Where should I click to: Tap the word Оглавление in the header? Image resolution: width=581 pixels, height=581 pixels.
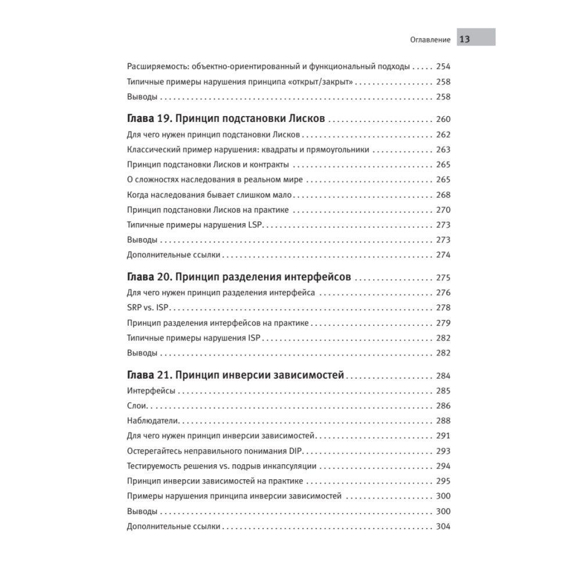pyautogui.click(x=431, y=40)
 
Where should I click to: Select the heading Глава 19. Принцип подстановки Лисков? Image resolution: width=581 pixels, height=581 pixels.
pyautogui.click(x=225, y=119)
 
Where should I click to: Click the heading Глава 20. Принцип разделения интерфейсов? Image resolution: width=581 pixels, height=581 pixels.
pyautogui.click(x=238, y=277)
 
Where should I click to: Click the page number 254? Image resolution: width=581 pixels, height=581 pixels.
pyautogui.click(x=443, y=67)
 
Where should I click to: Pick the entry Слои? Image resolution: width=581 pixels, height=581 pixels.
pyautogui.click(x=137, y=405)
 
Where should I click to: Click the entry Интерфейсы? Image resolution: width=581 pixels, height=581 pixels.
pyautogui.click(x=151, y=390)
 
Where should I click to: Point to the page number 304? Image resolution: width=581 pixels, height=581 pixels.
pyautogui.click(x=443, y=527)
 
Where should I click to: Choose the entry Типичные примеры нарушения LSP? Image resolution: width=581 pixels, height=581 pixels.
pyautogui.click(x=195, y=224)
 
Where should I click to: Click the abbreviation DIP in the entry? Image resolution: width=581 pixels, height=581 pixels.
pyautogui.click(x=296, y=451)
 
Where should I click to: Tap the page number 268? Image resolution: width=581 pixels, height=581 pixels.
pyautogui.click(x=443, y=195)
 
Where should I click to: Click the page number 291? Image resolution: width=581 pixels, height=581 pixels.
pyautogui.click(x=443, y=436)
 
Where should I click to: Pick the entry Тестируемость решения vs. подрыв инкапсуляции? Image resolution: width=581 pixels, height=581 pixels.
pyautogui.click(x=221, y=466)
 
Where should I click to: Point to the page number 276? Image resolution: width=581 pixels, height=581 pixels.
pyautogui.click(x=443, y=292)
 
